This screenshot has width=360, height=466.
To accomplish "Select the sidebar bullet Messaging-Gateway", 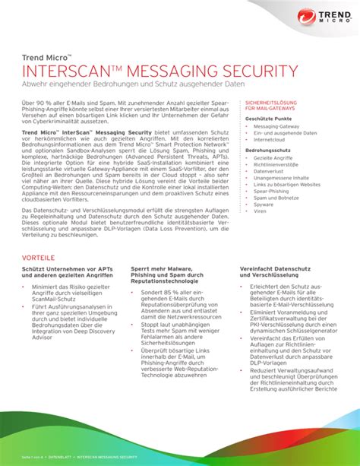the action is click(276, 127).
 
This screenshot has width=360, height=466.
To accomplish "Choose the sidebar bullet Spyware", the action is click(265, 204).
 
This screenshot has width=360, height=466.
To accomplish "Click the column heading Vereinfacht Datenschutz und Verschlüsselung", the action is click(270, 273).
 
